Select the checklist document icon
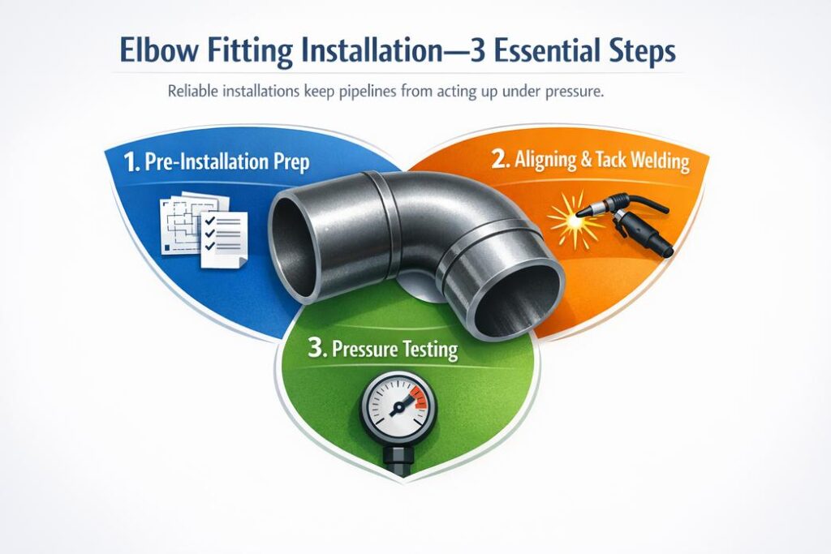click(203, 224)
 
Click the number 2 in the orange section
click(501, 160)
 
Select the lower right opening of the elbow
click(519, 301)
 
